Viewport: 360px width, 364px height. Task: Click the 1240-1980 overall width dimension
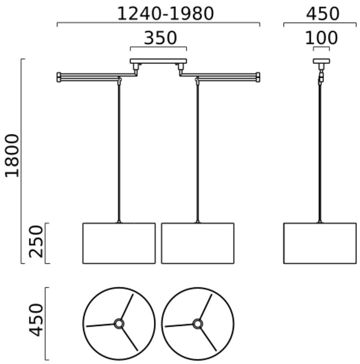tap(166, 14)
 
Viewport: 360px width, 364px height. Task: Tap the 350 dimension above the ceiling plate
tap(160, 38)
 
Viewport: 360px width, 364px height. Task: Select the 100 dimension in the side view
tap(321, 38)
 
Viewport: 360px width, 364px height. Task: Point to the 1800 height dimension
tap(12, 155)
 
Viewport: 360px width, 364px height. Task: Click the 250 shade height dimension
tap(36, 242)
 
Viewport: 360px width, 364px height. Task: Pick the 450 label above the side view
tap(322, 14)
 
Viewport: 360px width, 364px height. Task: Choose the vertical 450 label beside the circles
tap(36, 320)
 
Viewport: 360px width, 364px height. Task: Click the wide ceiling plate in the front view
tap(158, 61)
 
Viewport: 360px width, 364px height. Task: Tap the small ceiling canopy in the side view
tap(321, 61)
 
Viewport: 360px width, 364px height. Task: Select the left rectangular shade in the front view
tap(119, 244)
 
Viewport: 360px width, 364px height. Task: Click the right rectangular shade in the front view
tap(198, 244)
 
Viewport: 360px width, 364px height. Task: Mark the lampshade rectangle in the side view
tap(320, 244)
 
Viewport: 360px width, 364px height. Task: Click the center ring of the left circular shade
tap(119, 324)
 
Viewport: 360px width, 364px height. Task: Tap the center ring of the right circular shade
tap(198, 324)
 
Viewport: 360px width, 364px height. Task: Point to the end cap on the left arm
tap(59, 77)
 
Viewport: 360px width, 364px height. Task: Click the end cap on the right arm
tap(258, 77)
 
